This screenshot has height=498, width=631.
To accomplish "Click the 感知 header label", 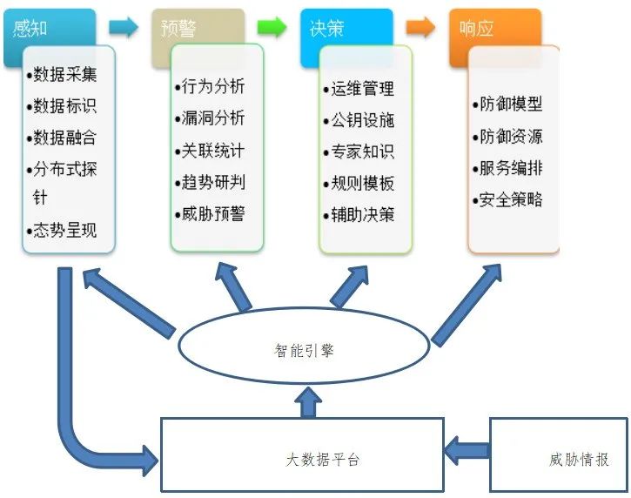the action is [x=30, y=29].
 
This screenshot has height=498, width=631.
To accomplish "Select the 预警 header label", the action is [x=178, y=29].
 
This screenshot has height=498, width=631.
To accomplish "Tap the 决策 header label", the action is [x=326, y=29].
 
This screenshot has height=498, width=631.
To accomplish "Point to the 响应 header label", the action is [x=476, y=29].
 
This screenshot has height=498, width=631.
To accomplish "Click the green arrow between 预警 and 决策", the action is [x=272, y=27].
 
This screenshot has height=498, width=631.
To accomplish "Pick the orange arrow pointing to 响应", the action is [x=420, y=27].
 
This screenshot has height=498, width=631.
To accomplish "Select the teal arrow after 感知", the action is [x=124, y=27].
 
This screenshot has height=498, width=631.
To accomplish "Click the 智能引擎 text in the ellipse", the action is [x=305, y=350].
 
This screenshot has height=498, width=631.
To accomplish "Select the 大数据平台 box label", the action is [x=322, y=460].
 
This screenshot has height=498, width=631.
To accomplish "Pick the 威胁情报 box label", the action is [x=579, y=460].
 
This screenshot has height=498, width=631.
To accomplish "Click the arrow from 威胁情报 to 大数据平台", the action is [x=467, y=451].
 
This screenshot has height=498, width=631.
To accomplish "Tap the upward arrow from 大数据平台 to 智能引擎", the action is [x=308, y=402].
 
